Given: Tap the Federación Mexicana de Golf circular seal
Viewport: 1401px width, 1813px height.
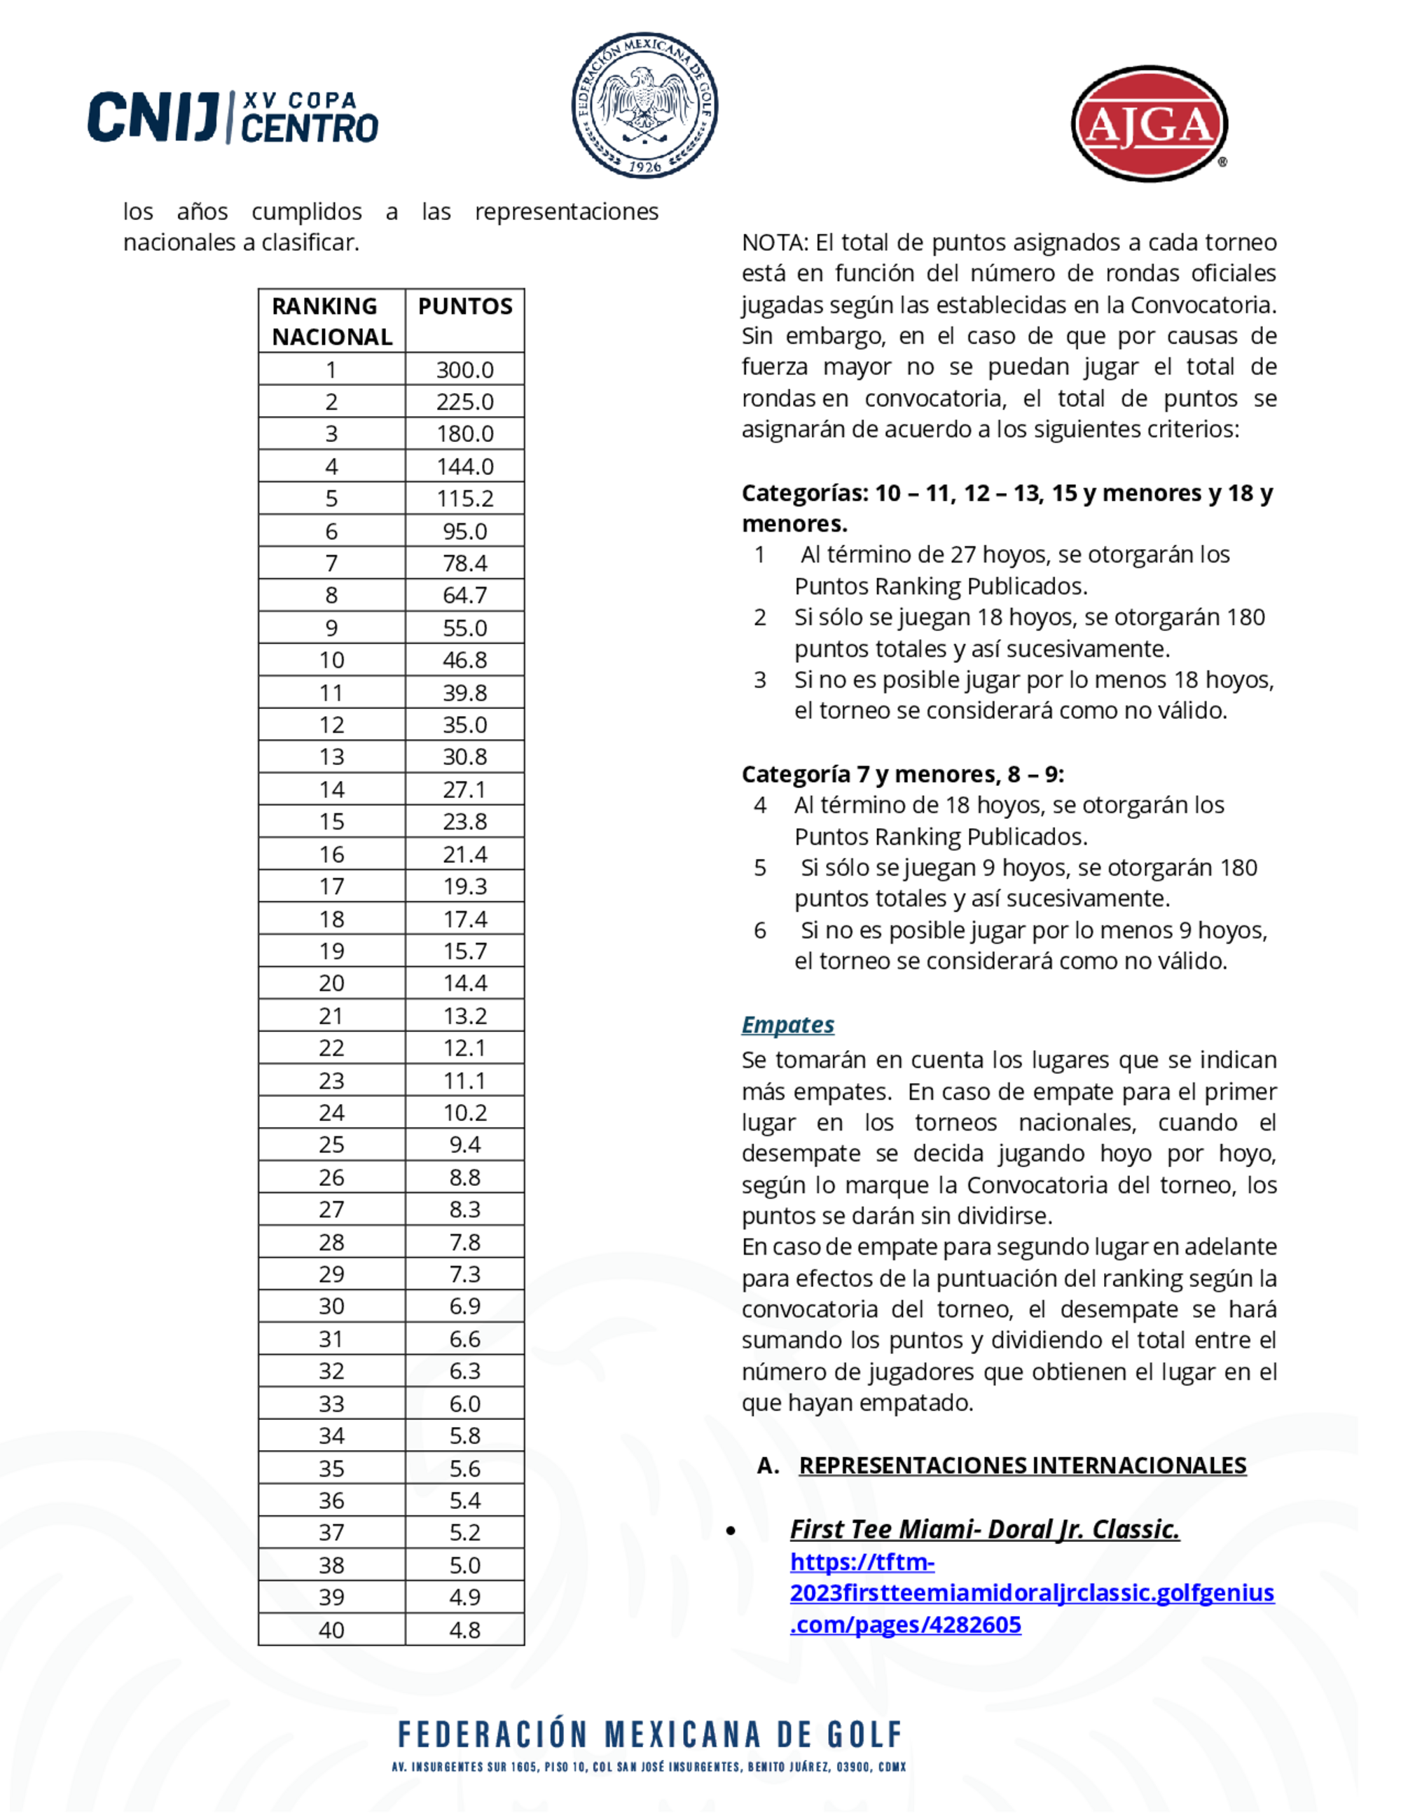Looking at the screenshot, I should (644, 105).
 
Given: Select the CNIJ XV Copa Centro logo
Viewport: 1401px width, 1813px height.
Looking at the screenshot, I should (233, 117).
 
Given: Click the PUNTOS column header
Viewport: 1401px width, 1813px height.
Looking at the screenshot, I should (465, 306).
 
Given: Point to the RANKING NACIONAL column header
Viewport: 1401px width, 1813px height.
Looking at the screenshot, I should (331, 322).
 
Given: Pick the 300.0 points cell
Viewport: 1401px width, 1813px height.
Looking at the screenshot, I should (465, 369).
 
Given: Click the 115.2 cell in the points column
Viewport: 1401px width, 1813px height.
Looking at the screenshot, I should (465, 498).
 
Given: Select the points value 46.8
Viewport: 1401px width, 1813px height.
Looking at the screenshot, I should (465, 660).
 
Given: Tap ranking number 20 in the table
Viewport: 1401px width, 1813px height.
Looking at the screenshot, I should (331, 983).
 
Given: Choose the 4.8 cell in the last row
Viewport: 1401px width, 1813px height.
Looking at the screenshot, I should (465, 1629).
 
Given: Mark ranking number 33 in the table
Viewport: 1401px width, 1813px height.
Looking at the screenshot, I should (331, 1403).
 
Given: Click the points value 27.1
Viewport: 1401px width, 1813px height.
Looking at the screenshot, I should (465, 789).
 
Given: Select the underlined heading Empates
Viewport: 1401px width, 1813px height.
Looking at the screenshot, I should (787, 1024).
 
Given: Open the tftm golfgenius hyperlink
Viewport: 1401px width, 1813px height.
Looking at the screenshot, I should (1031, 1592).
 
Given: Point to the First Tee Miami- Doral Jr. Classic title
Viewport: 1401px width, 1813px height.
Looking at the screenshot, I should (984, 1529).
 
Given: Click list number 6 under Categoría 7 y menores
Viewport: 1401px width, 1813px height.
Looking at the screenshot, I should (759, 930).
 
